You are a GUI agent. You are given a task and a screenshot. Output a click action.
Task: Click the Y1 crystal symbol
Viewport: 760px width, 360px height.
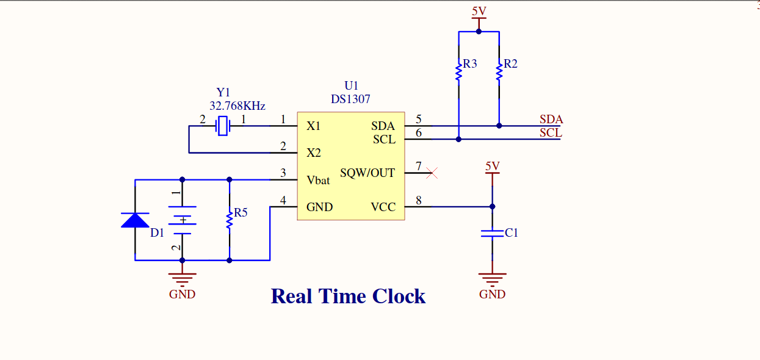223,126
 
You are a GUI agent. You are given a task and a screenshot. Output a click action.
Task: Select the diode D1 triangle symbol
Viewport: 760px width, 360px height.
135,220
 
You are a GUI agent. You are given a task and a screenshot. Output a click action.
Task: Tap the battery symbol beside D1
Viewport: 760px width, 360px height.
182,220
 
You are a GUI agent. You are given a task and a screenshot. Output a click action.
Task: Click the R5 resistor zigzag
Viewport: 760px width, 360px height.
230,218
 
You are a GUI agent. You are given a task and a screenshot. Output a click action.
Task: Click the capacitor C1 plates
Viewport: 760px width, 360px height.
492,233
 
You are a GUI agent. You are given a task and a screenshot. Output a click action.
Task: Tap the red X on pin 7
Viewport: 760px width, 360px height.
432,173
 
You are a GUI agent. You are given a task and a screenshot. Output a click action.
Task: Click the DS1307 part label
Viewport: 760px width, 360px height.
350,99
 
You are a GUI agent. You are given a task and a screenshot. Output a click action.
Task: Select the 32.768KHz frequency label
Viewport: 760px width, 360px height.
237,106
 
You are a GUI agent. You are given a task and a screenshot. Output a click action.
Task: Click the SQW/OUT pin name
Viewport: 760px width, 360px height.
367,173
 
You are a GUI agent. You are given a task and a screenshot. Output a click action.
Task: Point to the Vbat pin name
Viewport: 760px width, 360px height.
318,180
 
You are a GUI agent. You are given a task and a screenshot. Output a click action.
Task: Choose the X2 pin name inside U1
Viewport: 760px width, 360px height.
314,153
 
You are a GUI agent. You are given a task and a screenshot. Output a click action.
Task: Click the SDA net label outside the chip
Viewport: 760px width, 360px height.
551,120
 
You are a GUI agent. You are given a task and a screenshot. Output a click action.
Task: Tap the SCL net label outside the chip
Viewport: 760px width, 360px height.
551,132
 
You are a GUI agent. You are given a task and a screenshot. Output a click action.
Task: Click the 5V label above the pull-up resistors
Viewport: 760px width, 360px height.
479,11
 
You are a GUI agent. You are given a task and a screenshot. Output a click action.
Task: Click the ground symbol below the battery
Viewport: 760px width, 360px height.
182,279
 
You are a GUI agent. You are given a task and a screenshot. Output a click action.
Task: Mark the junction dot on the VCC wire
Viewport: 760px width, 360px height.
492,206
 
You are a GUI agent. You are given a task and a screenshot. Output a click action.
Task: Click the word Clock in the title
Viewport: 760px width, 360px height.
399,297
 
